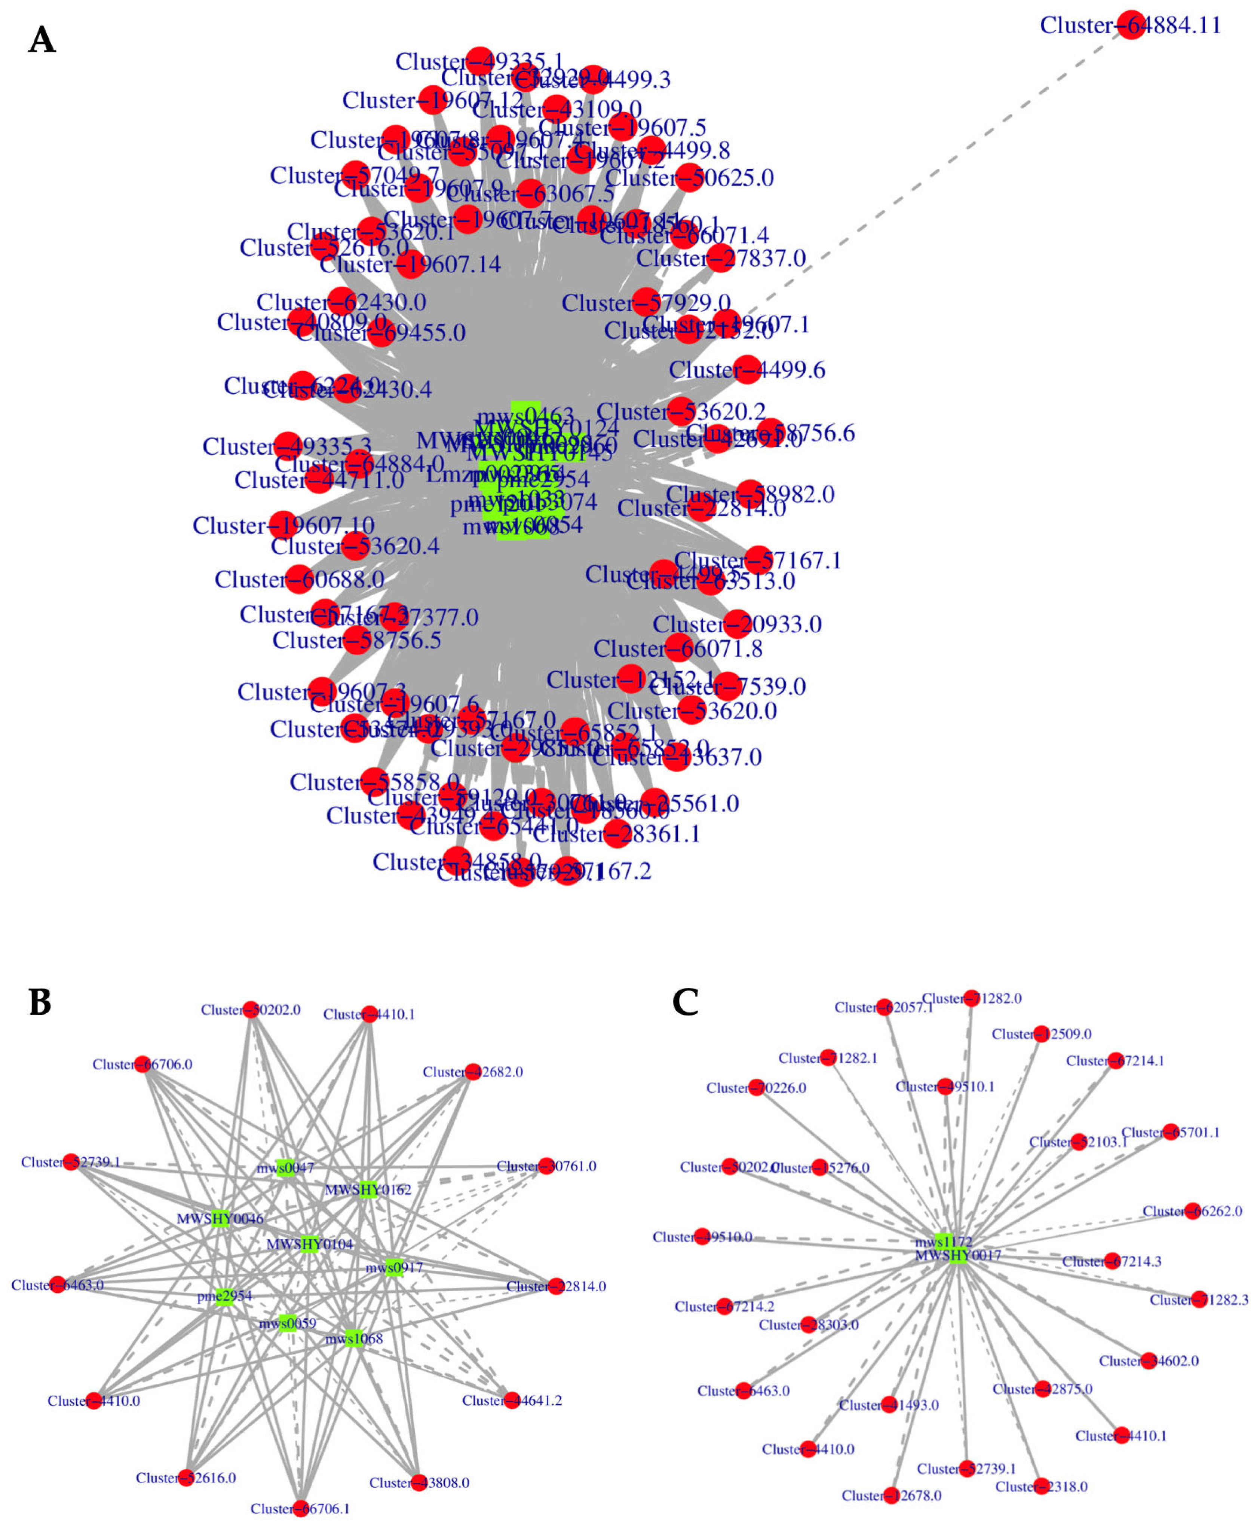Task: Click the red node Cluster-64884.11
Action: point(1131,25)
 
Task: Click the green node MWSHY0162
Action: point(368,1189)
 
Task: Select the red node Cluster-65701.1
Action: point(1171,1132)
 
